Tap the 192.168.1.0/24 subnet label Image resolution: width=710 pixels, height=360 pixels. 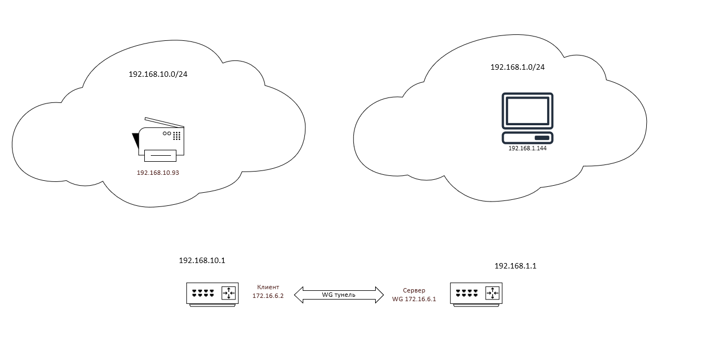pos(517,67)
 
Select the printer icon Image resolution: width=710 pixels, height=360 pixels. pos(158,139)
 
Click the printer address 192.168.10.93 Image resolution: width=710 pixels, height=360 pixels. pos(158,172)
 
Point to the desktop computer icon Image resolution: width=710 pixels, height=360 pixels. pos(528,118)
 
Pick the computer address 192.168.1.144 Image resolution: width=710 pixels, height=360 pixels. pos(527,148)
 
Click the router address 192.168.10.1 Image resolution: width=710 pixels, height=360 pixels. pos(202,260)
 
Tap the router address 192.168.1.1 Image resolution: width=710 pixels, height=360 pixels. pos(515,266)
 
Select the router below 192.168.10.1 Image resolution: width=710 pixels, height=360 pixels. pos(212,294)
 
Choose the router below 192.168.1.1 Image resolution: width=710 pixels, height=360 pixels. pos(476,294)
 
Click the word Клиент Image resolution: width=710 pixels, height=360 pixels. pos(268,287)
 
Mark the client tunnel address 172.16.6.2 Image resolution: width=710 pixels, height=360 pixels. pos(268,296)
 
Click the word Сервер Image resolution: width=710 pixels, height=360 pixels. pos(414,290)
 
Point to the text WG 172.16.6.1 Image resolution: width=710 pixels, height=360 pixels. pos(414,299)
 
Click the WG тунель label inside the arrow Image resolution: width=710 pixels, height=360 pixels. pos(339,295)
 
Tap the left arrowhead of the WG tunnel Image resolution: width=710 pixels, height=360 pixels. pos(298,295)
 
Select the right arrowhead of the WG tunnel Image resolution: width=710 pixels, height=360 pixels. pos(380,295)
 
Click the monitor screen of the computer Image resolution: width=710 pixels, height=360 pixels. pos(528,111)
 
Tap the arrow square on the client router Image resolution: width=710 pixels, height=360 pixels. pos(229,294)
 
